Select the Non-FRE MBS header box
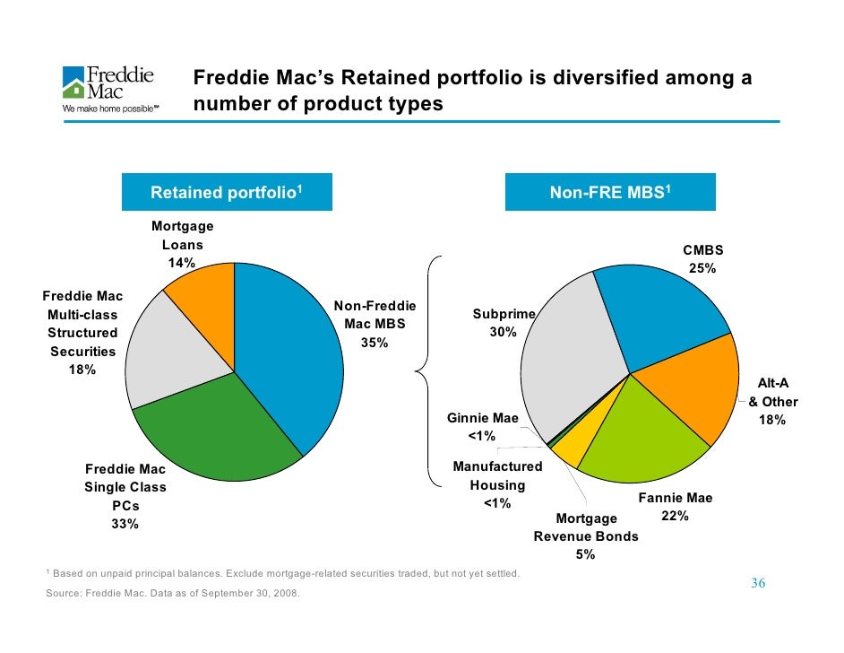[610, 193]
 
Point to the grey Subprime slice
[573, 368]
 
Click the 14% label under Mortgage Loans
[182, 263]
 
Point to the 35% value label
[375, 342]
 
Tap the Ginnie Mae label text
[483, 418]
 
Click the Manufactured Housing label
[497, 475]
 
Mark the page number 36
[757, 584]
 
